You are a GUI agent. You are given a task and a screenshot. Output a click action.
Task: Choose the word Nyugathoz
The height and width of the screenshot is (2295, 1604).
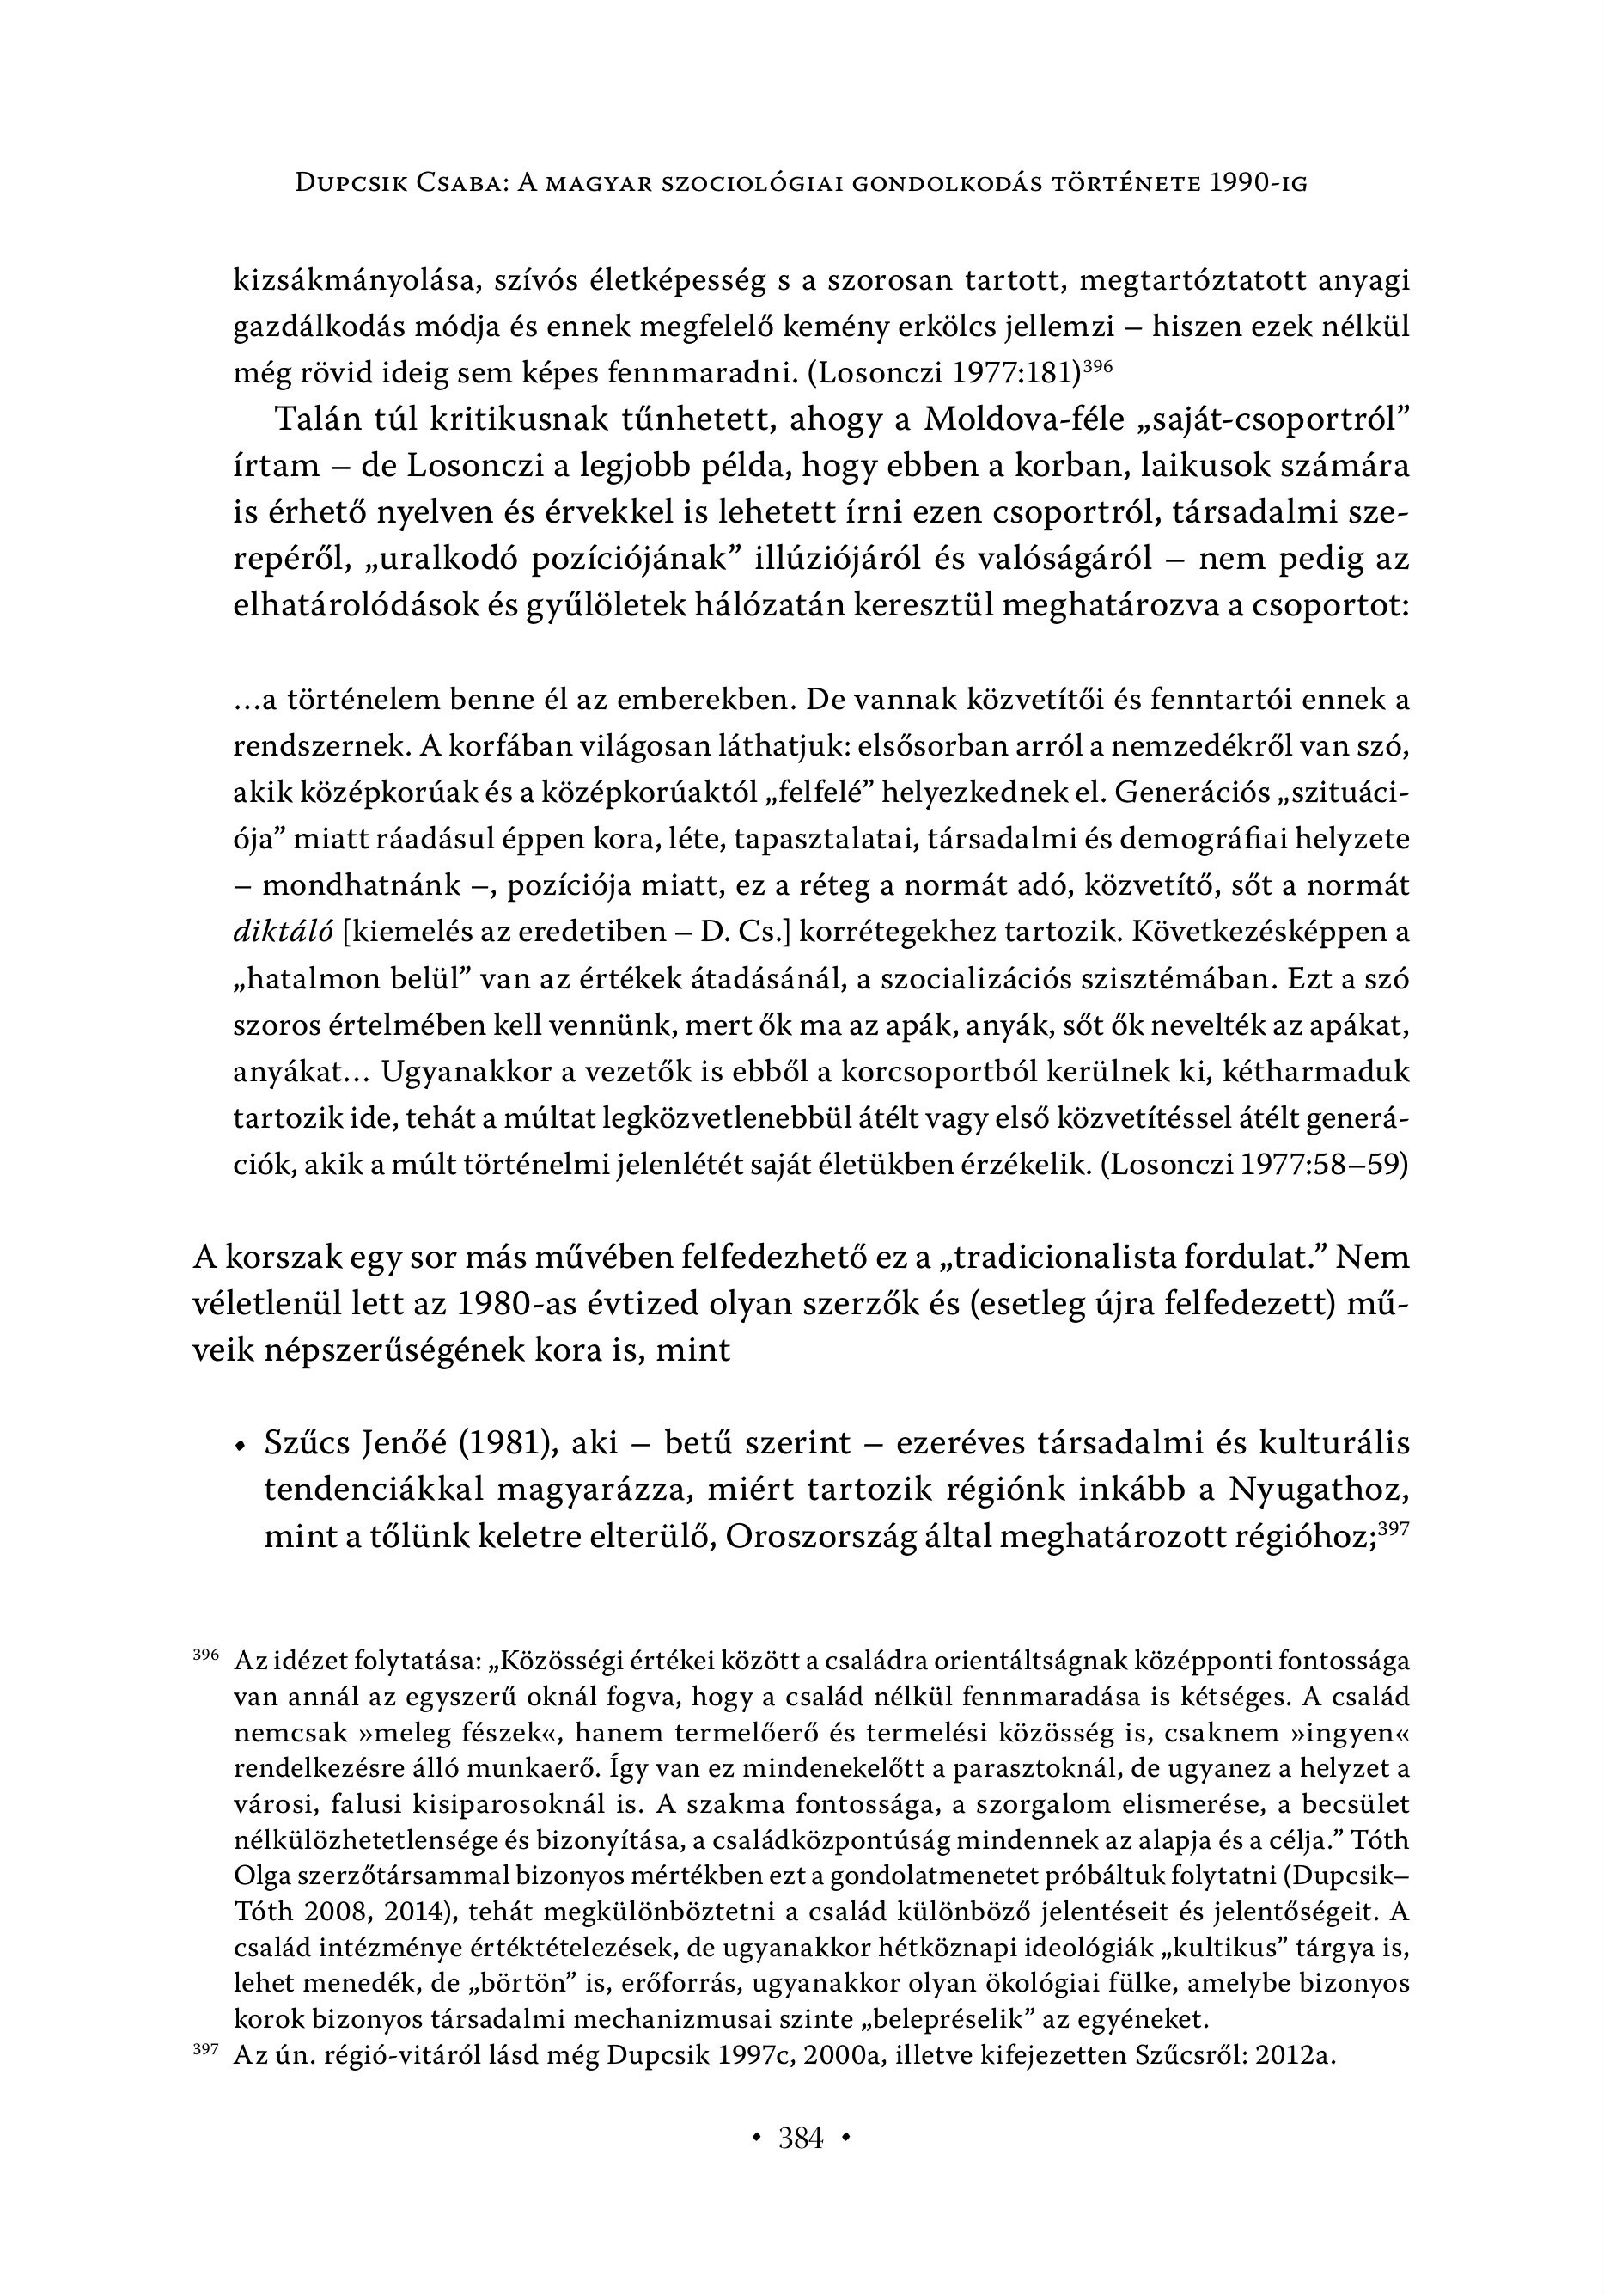point(1319,1490)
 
